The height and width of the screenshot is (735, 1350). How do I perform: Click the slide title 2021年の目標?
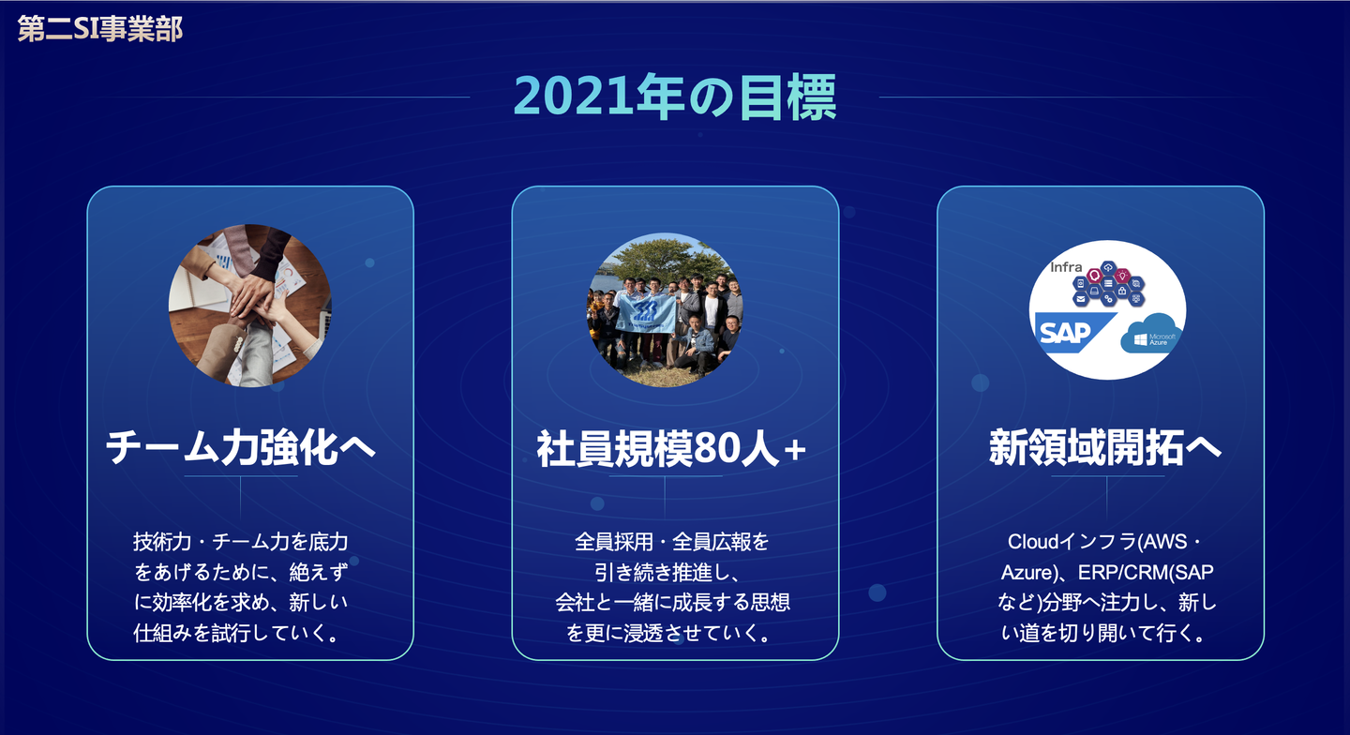pyautogui.click(x=675, y=97)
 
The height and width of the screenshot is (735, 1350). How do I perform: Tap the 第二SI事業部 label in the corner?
pyautogui.click(x=100, y=29)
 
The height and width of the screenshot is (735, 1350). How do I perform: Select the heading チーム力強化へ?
pyautogui.click(x=240, y=447)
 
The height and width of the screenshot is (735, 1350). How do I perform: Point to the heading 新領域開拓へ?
pyautogui.click(x=1105, y=447)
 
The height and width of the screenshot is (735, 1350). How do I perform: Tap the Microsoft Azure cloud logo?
pyautogui.click(x=1150, y=334)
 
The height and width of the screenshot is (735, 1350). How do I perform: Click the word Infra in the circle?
pyautogui.click(x=1066, y=267)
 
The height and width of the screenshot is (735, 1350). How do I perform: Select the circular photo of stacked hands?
pyautogui.click(x=250, y=306)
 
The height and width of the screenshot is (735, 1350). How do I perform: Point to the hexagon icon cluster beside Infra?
pyautogui.click(x=1108, y=284)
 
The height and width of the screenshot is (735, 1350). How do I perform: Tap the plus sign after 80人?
pyautogui.click(x=795, y=450)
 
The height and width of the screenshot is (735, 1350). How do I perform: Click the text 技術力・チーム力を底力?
pyautogui.click(x=240, y=542)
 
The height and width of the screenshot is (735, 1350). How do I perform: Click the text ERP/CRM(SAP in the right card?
pyautogui.click(x=1146, y=572)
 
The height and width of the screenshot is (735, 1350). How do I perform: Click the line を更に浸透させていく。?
pyautogui.click(x=669, y=633)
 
